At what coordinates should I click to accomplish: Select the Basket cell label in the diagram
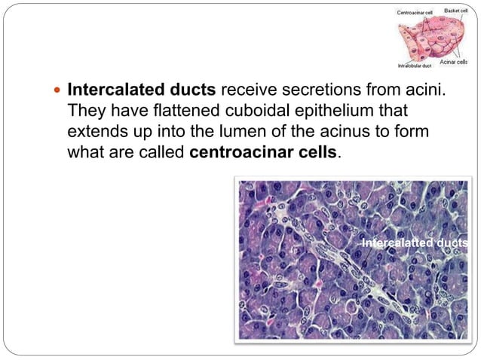click(x=457, y=11)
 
